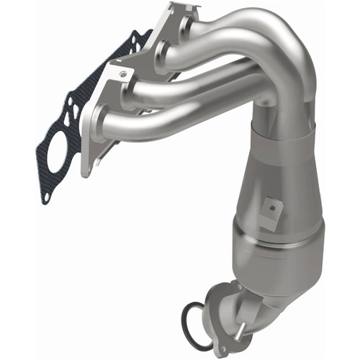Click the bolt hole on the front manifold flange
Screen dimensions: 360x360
[123, 74]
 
